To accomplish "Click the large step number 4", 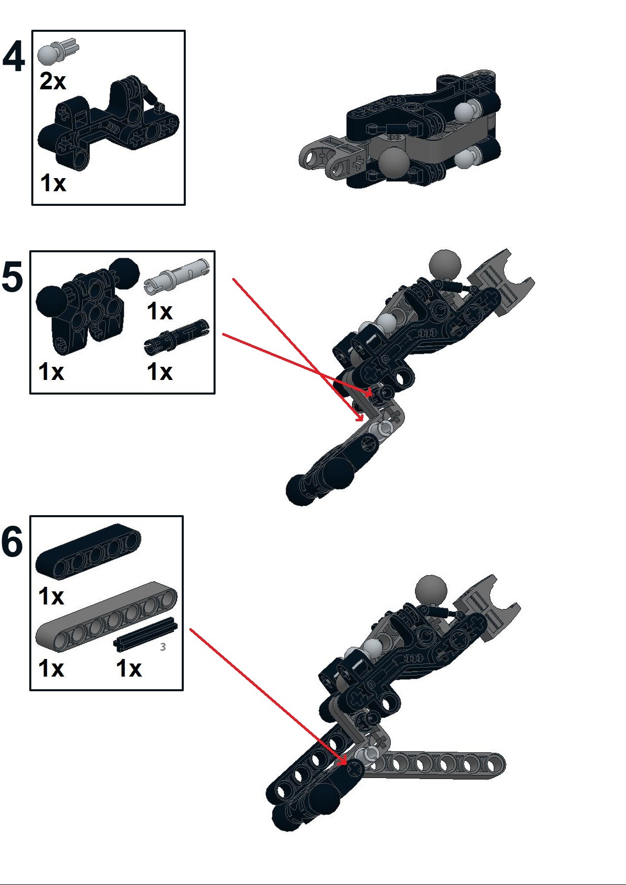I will pos(14,57).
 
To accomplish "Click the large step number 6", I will pos(13,542).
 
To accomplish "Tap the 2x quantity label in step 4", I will pos(53,81).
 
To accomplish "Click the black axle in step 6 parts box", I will pos(145,634).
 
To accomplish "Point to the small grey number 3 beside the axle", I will pos(163,647).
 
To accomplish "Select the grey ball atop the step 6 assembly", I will pos(431,589).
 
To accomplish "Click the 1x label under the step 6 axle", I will pos(129,669).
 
